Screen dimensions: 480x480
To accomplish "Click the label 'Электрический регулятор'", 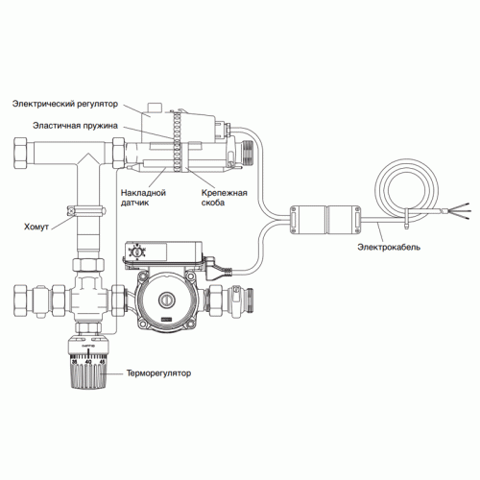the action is pyautogui.click(x=65, y=104).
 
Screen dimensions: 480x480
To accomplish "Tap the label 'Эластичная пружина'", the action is pyautogui.click(x=75, y=126).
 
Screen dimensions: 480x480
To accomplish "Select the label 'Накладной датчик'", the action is pyautogui.click(x=143, y=198).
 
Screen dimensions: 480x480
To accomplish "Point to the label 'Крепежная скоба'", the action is pyautogui.click(x=225, y=198).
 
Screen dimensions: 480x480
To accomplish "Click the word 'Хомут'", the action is pyautogui.click(x=36, y=227).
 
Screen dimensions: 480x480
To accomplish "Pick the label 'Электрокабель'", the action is pyautogui.click(x=389, y=247).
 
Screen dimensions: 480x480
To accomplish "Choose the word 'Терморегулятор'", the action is pyautogui.click(x=158, y=373).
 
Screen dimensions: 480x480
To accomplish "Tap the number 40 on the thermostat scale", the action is pyautogui.click(x=88, y=361).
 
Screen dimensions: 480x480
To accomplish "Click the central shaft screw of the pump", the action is pyautogui.click(x=167, y=300).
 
